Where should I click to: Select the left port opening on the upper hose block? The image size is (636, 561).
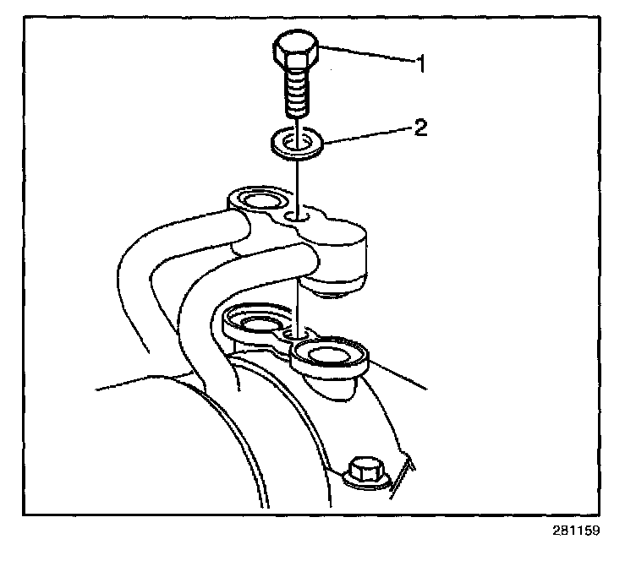[257, 201]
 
